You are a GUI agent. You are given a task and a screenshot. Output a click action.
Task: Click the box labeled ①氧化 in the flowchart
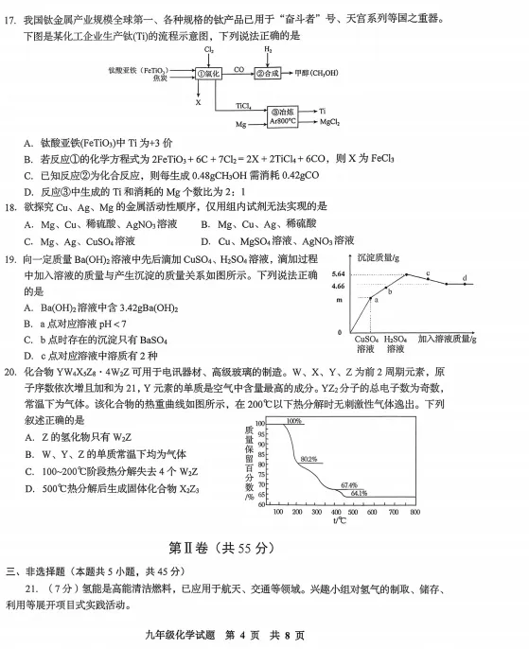[x=208, y=72]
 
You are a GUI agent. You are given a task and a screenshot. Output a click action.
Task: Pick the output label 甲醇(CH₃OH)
[x=316, y=72]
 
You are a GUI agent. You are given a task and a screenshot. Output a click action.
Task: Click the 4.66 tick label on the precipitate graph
[x=338, y=285]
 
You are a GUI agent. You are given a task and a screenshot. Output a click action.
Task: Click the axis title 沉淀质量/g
[x=379, y=257]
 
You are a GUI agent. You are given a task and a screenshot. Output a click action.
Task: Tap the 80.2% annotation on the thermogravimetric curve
[x=309, y=459]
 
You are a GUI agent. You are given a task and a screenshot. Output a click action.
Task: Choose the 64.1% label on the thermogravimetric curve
[x=359, y=493]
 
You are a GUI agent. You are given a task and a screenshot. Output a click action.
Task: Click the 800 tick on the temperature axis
[x=414, y=511]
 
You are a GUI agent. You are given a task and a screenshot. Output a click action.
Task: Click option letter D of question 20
[x=29, y=489]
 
